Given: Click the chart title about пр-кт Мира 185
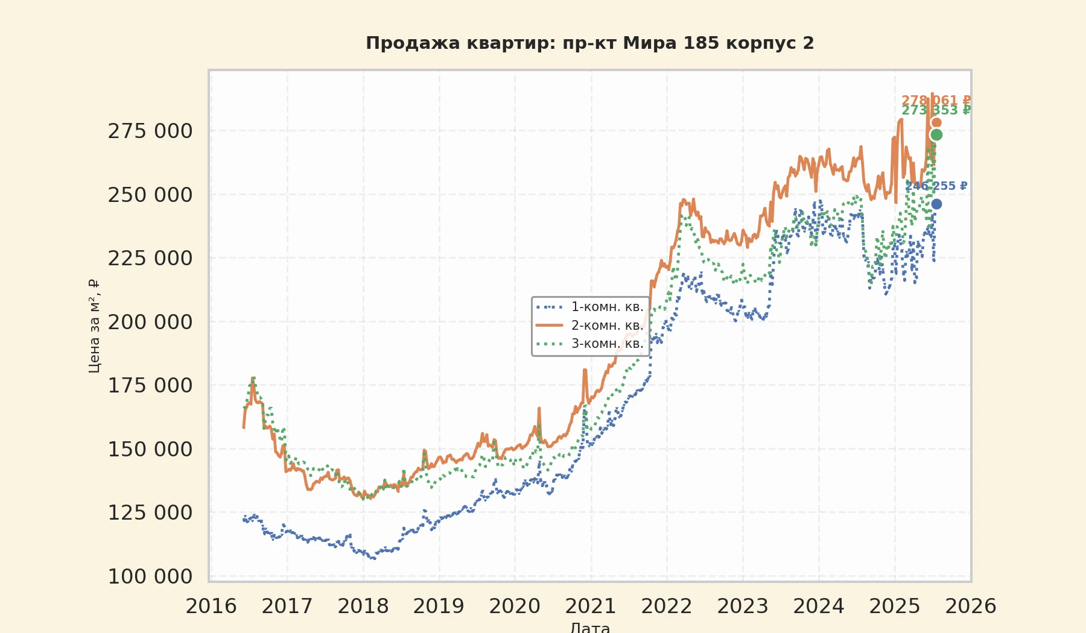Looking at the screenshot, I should [589, 43].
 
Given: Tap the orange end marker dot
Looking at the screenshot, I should [936, 123].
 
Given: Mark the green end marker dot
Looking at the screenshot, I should [936, 134].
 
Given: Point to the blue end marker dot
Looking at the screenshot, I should [936, 204].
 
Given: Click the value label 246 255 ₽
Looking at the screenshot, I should [936, 186].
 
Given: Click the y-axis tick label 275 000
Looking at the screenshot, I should [150, 131].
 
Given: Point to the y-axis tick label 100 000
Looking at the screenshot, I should [150, 576].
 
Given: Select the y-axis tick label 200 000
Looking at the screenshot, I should [150, 322].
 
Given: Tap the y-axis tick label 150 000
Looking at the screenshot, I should [150, 449].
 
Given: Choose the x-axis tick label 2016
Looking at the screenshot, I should [211, 606].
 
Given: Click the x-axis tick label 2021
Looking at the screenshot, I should [591, 606].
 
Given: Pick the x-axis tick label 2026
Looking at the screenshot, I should [970, 606].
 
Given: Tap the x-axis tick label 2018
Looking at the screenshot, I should [363, 606].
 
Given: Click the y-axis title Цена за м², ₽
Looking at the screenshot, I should [94, 326].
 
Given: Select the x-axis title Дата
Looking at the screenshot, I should [589, 627].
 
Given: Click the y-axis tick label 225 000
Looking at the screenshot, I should [150, 258].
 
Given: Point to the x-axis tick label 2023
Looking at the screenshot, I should [743, 606].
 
